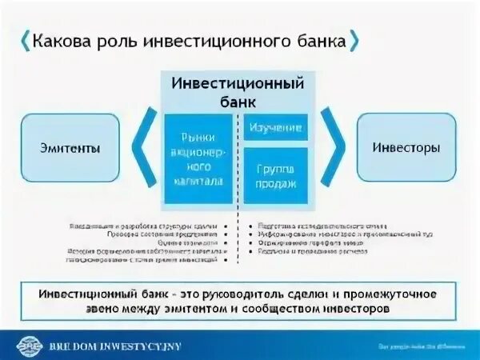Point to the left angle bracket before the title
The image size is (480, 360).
pyautogui.click(x=24, y=40)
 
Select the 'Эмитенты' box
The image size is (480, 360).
pyautogui.click(x=70, y=148)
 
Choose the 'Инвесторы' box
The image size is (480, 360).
pyautogui.click(x=406, y=148)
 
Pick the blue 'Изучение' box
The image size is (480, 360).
pyautogui.click(x=275, y=127)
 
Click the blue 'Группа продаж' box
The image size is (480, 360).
pyautogui.click(x=275, y=174)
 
